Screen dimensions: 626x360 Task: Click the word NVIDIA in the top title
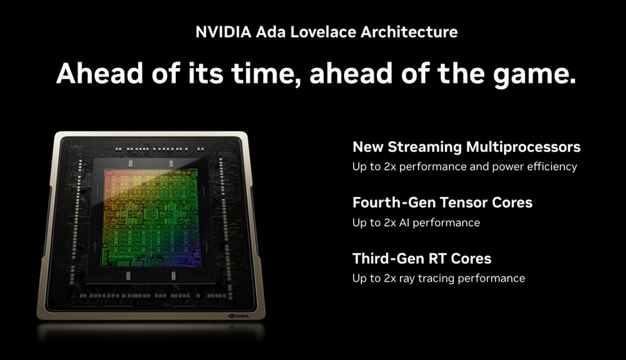tap(223, 32)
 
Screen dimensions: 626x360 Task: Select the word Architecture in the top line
tap(409, 32)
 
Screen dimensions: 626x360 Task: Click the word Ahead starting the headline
tap(100, 73)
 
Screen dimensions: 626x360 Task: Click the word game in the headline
tap(535, 76)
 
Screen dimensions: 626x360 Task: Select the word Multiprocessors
tap(523, 148)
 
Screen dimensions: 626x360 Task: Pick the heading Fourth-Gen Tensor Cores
tap(442, 202)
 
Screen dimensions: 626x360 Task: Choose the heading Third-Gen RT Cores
tap(422, 259)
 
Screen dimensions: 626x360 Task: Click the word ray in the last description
tap(407, 279)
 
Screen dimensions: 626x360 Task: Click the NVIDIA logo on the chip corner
tap(238, 316)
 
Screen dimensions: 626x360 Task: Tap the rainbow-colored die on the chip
tap(151, 218)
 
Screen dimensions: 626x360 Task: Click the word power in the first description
tap(508, 167)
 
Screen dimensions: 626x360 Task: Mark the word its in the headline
tap(205, 73)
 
